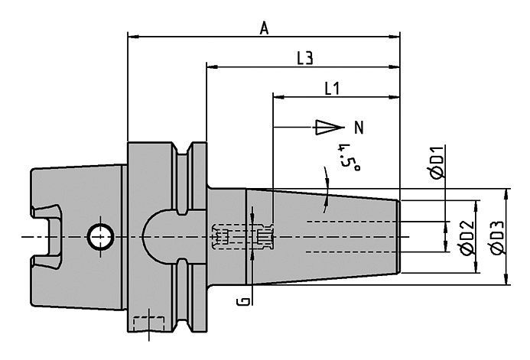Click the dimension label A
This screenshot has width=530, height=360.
pyautogui.click(x=265, y=28)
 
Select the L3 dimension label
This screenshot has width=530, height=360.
pyautogui.click(x=305, y=58)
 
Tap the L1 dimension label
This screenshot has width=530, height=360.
pyautogui.click(x=332, y=89)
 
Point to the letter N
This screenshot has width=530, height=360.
pyautogui.click(x=359, y=128)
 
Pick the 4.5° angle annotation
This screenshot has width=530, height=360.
pyautogui.click(x=350, y=157)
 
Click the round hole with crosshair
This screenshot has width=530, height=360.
pyautogui.click(x=100, y=237)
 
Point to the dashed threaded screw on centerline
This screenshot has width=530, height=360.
pyautogui.click(x=242, y=237)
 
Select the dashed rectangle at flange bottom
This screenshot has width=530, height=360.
pyautogui.click(x=149, y=323)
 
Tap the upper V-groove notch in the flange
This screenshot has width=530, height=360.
pyautogui.click(x=182, y=148)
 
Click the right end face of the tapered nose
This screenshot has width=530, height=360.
pyautogui.click(x=398, y=237)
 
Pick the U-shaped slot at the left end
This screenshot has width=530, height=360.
pyautogui.click(x=47, y=236)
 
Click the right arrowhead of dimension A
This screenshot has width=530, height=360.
pyautogui.click(x=394, y=37)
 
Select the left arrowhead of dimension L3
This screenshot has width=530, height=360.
pyautogui.click(x=213, y=66)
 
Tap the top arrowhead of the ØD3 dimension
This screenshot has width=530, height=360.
pyautogui.click(x=506, y=195)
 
